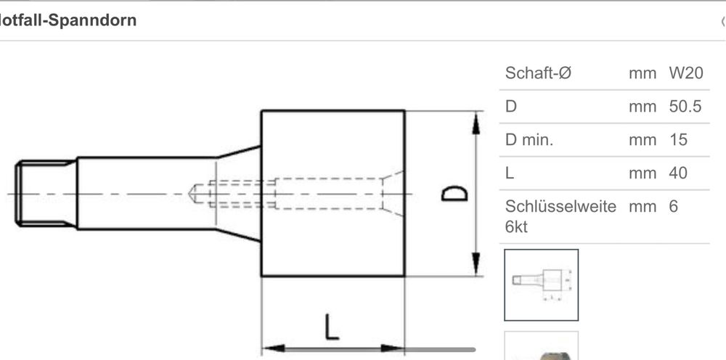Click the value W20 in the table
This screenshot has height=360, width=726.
(x=685, y=73)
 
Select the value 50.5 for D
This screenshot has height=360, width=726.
(x=685, y=107)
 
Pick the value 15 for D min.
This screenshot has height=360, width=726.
(x=677, y=140)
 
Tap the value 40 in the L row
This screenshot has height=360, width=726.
(x=677, y=173)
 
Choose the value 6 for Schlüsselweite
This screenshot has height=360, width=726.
(x=673, y=206)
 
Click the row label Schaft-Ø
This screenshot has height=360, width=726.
(x=539, y=73)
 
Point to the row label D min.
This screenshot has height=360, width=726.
(x=529, y=140)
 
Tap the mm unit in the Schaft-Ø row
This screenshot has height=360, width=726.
(x=643, y=73)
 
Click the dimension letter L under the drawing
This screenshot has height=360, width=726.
(x=331, y=327)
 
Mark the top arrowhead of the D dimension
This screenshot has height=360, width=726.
(x=476, y=122)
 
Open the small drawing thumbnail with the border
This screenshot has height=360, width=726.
(x=541, y=285)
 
